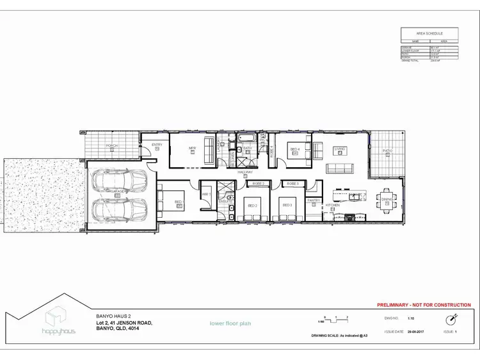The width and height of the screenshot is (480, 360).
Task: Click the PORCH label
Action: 111,146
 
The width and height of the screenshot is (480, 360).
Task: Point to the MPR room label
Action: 191,149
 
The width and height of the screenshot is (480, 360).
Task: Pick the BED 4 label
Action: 295,149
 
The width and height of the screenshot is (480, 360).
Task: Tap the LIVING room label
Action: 339,149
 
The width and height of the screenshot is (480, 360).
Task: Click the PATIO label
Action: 387,151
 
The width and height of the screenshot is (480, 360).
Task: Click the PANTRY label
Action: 314,200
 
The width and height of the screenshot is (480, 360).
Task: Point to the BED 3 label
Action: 287,205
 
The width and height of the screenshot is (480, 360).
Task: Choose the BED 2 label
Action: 252,206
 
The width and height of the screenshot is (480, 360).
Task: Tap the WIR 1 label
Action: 206,194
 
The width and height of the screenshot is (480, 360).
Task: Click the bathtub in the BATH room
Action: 246,138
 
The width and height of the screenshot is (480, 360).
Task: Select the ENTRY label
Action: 157,145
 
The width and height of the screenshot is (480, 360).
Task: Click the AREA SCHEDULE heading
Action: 430,33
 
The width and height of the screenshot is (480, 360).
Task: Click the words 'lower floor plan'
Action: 230,323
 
